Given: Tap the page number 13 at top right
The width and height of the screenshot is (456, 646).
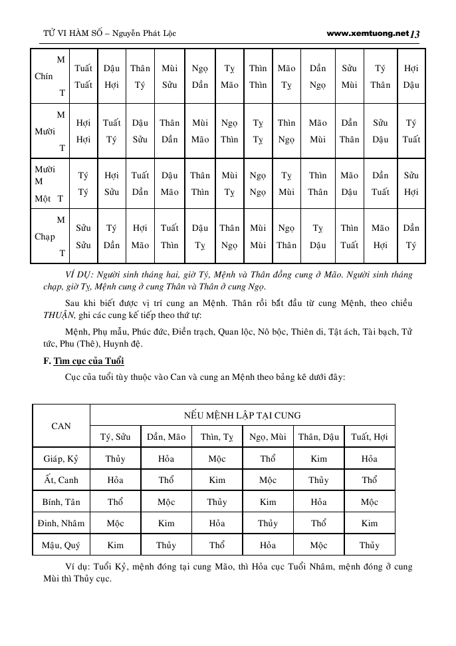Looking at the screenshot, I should coord(415,33).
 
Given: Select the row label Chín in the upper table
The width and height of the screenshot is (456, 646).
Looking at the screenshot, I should coord(44,77).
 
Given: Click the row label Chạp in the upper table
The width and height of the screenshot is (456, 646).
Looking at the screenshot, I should coord(45,236).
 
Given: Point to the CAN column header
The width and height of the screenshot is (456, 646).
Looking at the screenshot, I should coord(61,426).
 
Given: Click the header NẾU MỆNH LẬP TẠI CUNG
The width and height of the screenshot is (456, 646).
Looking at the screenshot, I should coord(242,415).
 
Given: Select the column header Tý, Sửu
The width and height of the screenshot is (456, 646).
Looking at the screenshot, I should coord(115,437).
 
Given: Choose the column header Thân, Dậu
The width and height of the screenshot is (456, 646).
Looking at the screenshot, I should coord(318,437).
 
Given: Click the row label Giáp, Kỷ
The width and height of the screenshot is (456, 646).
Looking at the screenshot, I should coord(61,458).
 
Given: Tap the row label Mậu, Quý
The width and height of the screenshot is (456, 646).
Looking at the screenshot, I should coord(61,546).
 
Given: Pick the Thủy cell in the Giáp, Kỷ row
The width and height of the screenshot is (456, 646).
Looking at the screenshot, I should coord(115,458).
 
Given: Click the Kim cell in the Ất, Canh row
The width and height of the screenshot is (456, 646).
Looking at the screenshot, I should coord(217,480).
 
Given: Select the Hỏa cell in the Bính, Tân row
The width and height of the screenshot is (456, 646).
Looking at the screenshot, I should coord(318,502).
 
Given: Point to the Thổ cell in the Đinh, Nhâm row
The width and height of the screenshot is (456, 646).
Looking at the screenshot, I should coord(318,524).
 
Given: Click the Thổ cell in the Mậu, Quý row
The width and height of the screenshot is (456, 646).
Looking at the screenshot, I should coord(217,546).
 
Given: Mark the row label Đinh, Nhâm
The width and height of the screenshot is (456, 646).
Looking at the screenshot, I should coord(61,524).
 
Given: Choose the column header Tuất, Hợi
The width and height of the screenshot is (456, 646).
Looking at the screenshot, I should coord(370,437).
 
